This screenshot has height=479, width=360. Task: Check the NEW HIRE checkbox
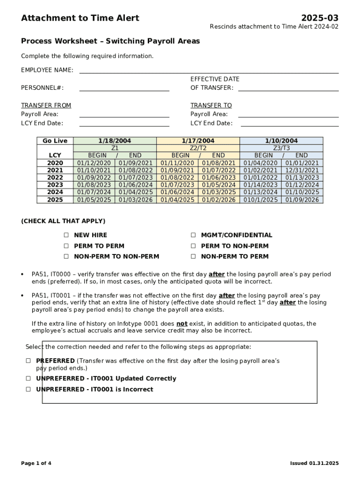[66, 235]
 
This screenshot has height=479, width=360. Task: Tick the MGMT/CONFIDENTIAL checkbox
[193, 235]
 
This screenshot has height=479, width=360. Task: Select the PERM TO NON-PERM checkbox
[193, 246]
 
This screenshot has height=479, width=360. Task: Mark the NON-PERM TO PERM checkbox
[193, 257]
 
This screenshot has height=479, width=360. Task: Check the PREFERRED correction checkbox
[29, 361]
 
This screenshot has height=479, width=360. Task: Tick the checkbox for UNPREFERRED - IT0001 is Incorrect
[29, 389]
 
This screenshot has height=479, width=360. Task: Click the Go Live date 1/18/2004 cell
[115, 141]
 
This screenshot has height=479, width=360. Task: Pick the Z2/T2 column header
[198, 148]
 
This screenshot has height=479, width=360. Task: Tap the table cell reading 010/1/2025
[260, 200]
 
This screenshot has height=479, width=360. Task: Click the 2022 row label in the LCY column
[55, 178]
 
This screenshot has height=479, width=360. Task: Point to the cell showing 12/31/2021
[302, 170]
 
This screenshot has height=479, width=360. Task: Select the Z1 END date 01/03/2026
[136, 200]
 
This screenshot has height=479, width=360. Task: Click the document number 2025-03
[320, 18]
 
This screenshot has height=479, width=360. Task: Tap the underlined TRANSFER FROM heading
[46, 106]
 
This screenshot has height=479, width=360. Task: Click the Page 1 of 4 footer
[36, 464]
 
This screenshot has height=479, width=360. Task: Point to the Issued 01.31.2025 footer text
[314, 464]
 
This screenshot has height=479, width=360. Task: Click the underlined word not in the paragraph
[182, 324]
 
